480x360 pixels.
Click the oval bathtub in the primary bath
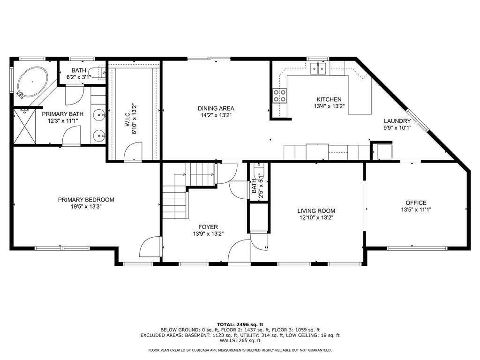click(32, 82)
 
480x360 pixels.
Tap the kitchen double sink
click(318, 68)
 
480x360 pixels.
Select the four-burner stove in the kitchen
click(280, 95)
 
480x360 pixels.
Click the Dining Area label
click(216, 108)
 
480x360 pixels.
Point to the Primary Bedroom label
click(86, 200)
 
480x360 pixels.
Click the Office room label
click(416, 202)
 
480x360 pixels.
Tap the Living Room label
click(316, 210)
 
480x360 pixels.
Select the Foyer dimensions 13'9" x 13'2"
click(208, 234)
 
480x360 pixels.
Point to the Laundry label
click(397, 121)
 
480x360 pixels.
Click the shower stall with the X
click(24, 126)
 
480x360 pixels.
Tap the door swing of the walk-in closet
click(133, 152)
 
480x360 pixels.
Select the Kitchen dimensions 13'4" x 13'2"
click(329, 106)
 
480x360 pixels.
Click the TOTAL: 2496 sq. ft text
click(240, 324)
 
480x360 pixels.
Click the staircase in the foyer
click(188, 190)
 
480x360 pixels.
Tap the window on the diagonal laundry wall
click(418, 120)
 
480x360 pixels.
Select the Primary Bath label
click(62, 114)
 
